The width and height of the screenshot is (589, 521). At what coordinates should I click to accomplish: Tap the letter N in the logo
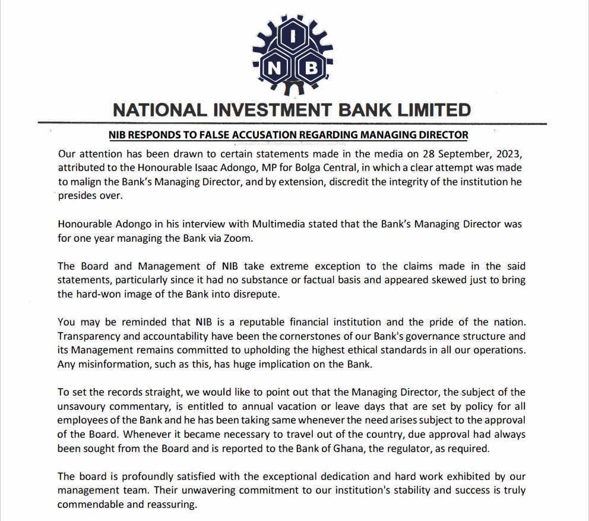click(x=274, y=69)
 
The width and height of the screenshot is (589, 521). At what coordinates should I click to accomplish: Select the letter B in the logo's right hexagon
click(x=311, y=69)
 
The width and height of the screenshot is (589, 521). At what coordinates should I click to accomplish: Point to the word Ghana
click(x=342, y=449)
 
